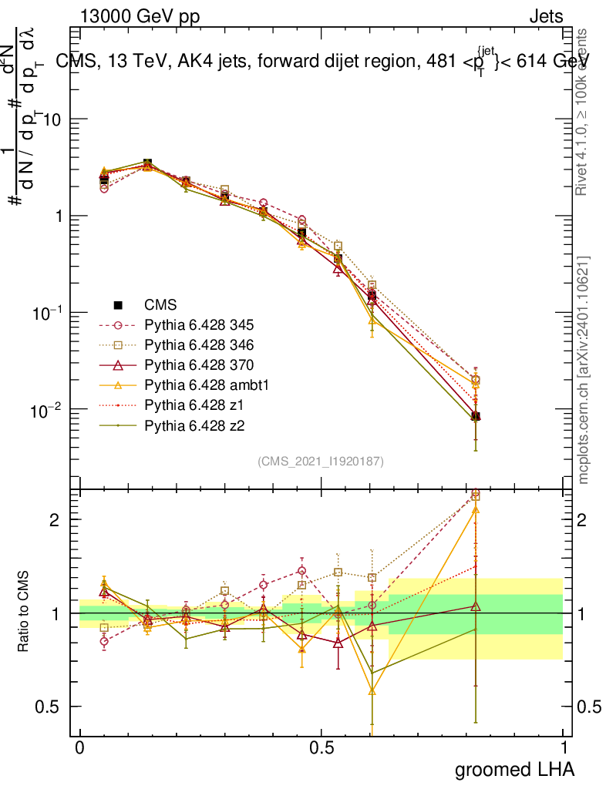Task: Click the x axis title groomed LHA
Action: pyautogui.click(x=514, y=770)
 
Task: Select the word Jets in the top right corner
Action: pyautogui.click(x=545, y=17)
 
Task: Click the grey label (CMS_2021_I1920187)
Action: pyautogui.click(x=321, y=461)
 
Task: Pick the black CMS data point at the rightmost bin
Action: pyautogui.click(x=476, y=417)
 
